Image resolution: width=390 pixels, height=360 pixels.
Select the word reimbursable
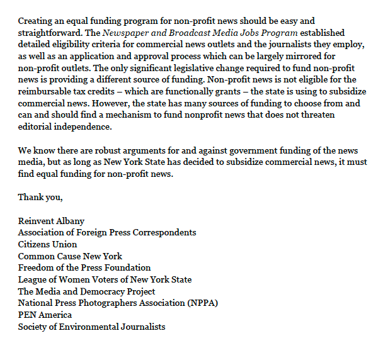point(46,91)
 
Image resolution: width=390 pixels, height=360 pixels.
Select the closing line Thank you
point(40,197)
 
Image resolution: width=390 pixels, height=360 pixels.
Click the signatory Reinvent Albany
point(51,221)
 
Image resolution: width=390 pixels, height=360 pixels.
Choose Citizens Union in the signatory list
point(47,244)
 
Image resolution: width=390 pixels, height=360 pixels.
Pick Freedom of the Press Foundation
point(84,267)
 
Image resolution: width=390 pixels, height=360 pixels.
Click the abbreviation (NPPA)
point(201,303)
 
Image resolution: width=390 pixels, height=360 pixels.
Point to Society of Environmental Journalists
point(91,327)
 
